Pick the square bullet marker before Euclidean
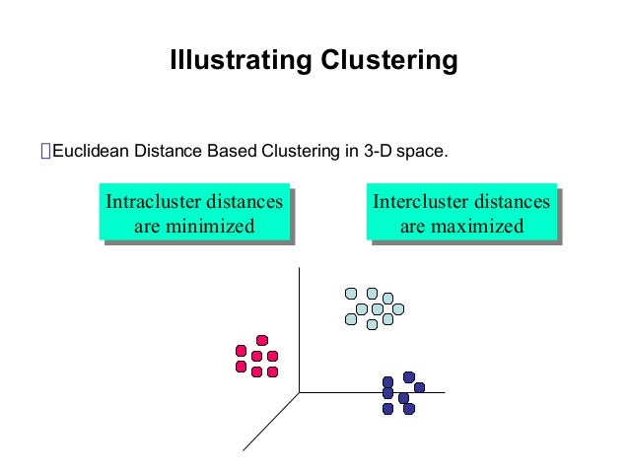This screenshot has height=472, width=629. [x=44, y=153]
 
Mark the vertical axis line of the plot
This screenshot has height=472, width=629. [x=299, y=325]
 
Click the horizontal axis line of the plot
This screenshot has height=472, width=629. [x=375, y=392]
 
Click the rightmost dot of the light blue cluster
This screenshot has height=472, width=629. [x=398, y=308]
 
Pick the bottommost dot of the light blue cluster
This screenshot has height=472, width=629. [x=372, y=324]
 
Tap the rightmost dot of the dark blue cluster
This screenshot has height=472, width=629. [x=420, y=387]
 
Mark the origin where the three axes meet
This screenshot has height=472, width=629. [x=299, y=392]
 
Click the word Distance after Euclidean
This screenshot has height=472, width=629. [x=168, y=153]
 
